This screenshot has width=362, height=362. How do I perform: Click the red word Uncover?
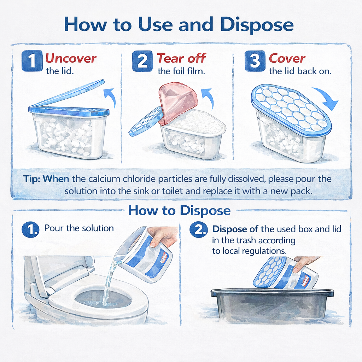71,58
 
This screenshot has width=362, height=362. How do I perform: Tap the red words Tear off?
181,58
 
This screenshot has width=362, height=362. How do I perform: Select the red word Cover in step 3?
287,58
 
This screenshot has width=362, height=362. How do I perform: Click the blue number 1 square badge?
32,61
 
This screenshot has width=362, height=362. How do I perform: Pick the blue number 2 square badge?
142,61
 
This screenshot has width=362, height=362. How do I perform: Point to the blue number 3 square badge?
255,61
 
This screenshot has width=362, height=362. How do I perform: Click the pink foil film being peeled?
177,102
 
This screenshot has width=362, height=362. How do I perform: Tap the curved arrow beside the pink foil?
208,98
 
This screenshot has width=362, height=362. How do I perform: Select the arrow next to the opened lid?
111,97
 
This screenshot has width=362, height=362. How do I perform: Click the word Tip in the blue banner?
32,179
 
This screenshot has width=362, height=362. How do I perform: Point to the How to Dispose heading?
179,210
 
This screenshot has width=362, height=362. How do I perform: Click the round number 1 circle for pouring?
30,229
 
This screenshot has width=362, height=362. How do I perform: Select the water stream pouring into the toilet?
109,280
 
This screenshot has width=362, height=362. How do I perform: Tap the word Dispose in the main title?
257,25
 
